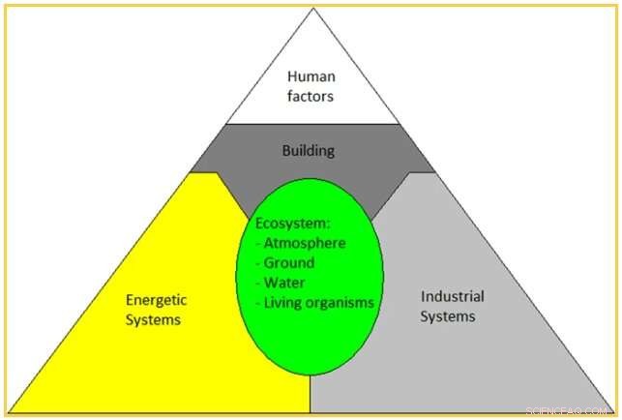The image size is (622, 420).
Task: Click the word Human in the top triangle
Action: [311, 77]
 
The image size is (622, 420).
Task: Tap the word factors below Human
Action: [311, 96]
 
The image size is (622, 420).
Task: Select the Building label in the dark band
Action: [309, 151]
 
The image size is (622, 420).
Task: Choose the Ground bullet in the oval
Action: [289, 262]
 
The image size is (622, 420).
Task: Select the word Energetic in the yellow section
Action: [156, 300]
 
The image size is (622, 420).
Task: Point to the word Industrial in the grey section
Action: [453, 296]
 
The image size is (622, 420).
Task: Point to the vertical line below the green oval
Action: [311, 392]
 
